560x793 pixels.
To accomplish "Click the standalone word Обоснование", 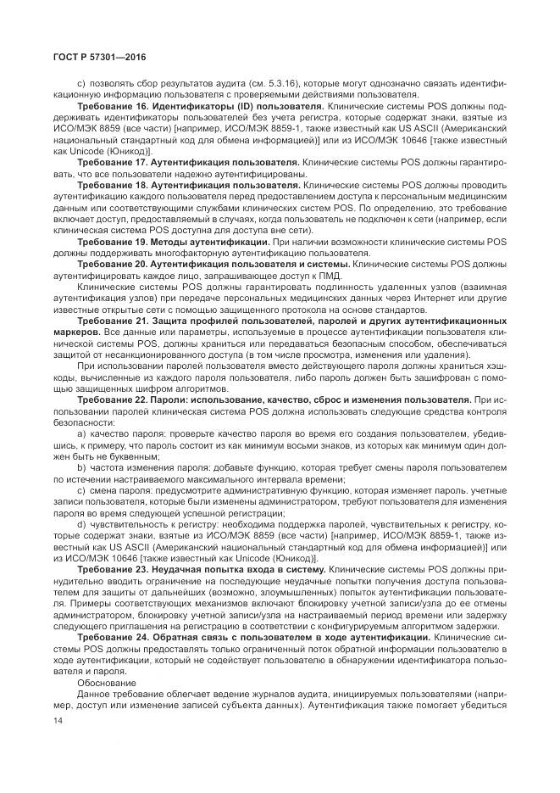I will click(106, 681).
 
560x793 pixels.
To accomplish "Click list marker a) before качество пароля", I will click(81, 433).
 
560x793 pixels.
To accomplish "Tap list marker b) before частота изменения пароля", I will click(81, 467).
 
